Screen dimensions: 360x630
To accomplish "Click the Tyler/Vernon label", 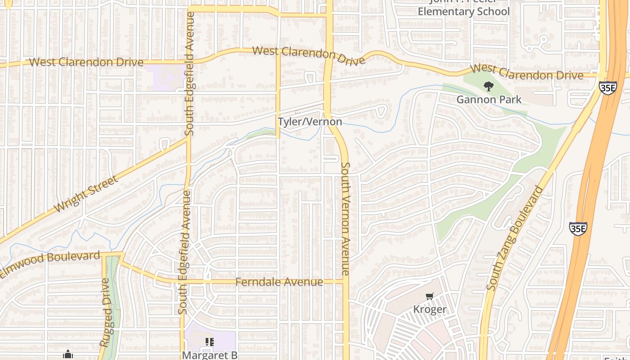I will [310, 122].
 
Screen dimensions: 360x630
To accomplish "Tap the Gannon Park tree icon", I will [488, 86].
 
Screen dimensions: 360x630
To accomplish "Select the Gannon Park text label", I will [489, 99].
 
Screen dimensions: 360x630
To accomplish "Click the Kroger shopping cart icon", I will [430, 297].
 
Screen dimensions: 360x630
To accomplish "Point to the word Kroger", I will [430, 310].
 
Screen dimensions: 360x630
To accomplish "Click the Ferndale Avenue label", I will [279, 282].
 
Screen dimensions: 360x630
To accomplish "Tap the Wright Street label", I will [85, 194].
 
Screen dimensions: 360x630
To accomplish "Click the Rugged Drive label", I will [105, 312].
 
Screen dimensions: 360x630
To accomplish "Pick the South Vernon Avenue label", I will [345, 219].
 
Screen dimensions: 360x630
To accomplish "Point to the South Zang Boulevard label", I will [515, 238].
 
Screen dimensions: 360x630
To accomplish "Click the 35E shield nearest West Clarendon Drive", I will [607, 87].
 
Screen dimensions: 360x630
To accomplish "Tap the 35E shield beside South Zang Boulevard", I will [578, 229].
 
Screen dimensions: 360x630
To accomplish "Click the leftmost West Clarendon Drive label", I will [86, 63].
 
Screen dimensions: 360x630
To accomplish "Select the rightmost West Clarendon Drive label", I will [526, 72].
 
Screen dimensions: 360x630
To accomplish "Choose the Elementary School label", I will [463, 12].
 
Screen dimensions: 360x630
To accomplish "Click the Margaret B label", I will [210, 355].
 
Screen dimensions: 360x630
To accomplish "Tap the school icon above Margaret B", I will [209, 342].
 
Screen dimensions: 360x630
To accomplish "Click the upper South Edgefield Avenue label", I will [189, 74].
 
